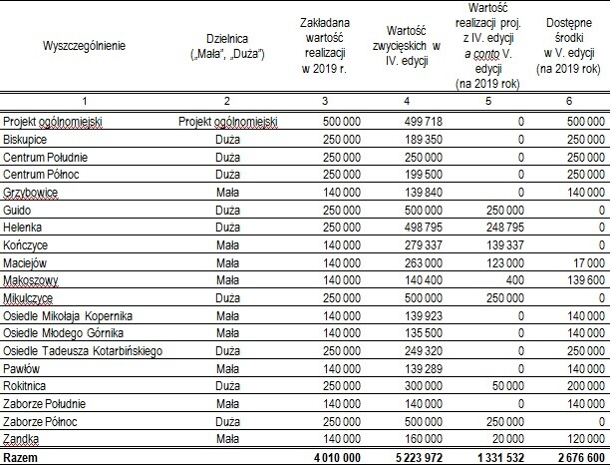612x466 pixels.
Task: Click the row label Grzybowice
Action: pyautogui.click(x=31, y=193)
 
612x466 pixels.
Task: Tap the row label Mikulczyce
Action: pyautogui.click(x=30, y=298)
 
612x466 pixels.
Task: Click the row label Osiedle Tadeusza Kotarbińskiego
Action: pyautogui.click(x=83, y=351)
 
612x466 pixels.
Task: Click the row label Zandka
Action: pyautogui.click(x=22, y=439)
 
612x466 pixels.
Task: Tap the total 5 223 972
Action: pyautogui.click(x=411, y=457)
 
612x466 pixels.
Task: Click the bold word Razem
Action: pyautogui.click(x=23, y=457)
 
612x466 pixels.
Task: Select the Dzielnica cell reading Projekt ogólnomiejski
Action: pyautogui.click(x=228, y=122)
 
